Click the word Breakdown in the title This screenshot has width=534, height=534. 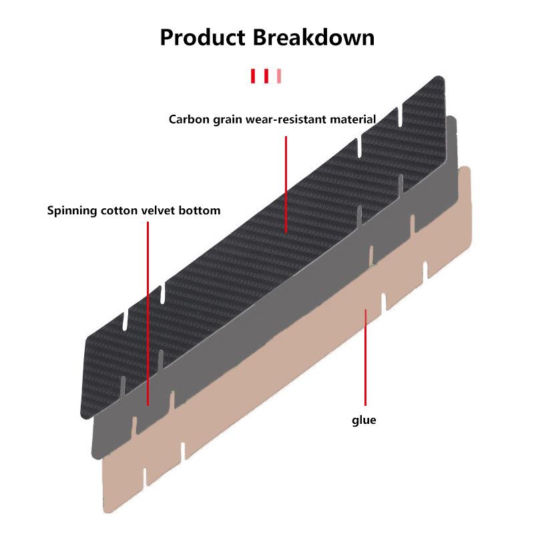[x=313, y=37]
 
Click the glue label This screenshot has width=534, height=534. [x=364, y=421]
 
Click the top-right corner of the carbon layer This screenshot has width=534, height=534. [x=441, y=79]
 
